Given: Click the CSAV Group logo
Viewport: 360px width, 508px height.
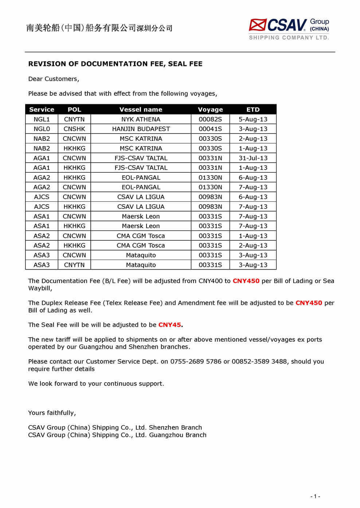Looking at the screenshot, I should [x=289, y=29].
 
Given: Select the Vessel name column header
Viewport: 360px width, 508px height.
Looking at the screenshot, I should [x=141, y=109].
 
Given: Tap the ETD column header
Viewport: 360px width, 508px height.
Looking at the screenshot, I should [x=253, y=109].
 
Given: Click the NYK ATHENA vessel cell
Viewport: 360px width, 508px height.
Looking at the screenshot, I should [x=141, y=119].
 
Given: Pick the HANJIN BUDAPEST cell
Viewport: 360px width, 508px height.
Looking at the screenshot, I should [x=141, y=129].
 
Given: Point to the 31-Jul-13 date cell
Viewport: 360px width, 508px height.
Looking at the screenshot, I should [x=253, y=158].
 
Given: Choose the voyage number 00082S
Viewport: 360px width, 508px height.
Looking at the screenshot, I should [x=210, y=119].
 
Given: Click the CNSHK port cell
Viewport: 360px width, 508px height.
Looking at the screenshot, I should [x=74, y=129].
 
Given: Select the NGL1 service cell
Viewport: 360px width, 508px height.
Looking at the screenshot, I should [x=42, y=119].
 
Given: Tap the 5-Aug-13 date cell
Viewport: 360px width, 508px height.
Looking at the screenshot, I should [x=253, y=119].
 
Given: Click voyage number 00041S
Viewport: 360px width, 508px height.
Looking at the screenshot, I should [x=210, y=129].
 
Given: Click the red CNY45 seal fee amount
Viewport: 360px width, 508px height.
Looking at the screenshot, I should [x=170, y=325].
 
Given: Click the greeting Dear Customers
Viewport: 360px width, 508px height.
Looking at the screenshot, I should [x=54, y=79].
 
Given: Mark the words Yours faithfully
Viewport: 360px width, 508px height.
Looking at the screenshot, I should [x=52, y=413].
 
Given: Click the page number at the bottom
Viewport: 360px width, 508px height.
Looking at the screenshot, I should [x=315, y=496].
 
